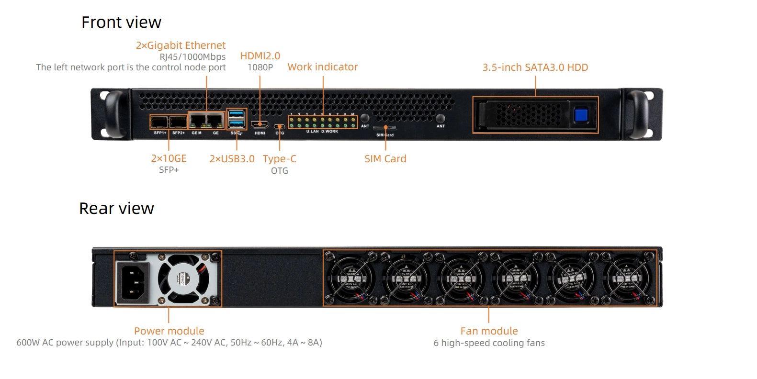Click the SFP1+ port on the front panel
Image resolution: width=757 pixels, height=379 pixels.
(x=159, y=122)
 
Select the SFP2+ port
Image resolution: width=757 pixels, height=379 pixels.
(x=178, y=122)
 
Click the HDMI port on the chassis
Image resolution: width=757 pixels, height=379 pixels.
(x=260, y=124)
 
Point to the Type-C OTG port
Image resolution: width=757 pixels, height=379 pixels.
(x=280, y=127)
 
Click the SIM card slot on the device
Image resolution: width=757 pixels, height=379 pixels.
(x=384, y=128)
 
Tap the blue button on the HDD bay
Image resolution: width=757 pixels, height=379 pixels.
(x=581, y=115)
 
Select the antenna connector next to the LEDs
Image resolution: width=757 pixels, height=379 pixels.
(x=365, y=118)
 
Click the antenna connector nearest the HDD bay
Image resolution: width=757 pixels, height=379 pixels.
(x=441, y=118)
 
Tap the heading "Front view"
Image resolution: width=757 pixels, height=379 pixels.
(x=121, y=22)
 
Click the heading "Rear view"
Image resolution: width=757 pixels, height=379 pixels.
(x=116, y=208)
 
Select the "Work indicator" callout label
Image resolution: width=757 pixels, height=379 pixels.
(x=322, y=67)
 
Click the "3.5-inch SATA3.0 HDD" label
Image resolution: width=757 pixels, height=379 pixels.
(x=535, y=67)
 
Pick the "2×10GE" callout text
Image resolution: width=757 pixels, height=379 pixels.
(x=169, y=158)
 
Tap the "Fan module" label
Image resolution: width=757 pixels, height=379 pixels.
(x=489, y=331)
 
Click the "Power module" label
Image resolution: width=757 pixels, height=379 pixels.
(x=169, y=331)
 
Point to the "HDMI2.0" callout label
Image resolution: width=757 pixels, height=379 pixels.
(x=260, y=56)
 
